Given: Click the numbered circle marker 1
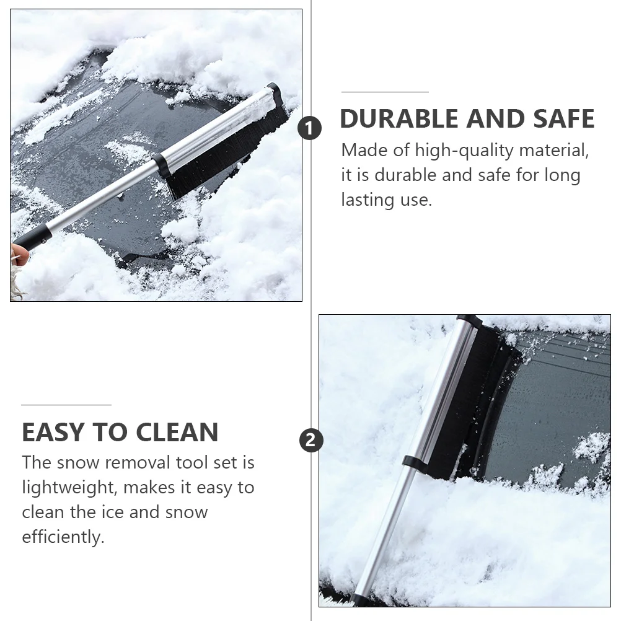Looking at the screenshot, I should pyautogui.click(x=310, y=130).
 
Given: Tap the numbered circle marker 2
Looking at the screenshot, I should pyautogui.click(x=311, y=441).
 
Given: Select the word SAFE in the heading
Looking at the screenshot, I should pyautogui.click(x=560, y=118).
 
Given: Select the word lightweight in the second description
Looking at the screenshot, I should pyautogui.click(x=68, y=488).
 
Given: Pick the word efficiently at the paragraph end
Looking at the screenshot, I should pyautogui.click(x=63, y=537).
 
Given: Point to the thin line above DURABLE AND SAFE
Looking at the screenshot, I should pyautogui.click(x=385, y=92).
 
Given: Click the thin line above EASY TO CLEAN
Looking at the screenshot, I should pyautogui.click(x=66, y=405).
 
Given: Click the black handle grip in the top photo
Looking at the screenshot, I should pyautogui.click(x=31, y=238).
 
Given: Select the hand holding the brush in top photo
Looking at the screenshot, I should pyautogui.click(x=16, y=254).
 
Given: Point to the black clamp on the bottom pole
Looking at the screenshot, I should pyautogui.click(x=412, y=462).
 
